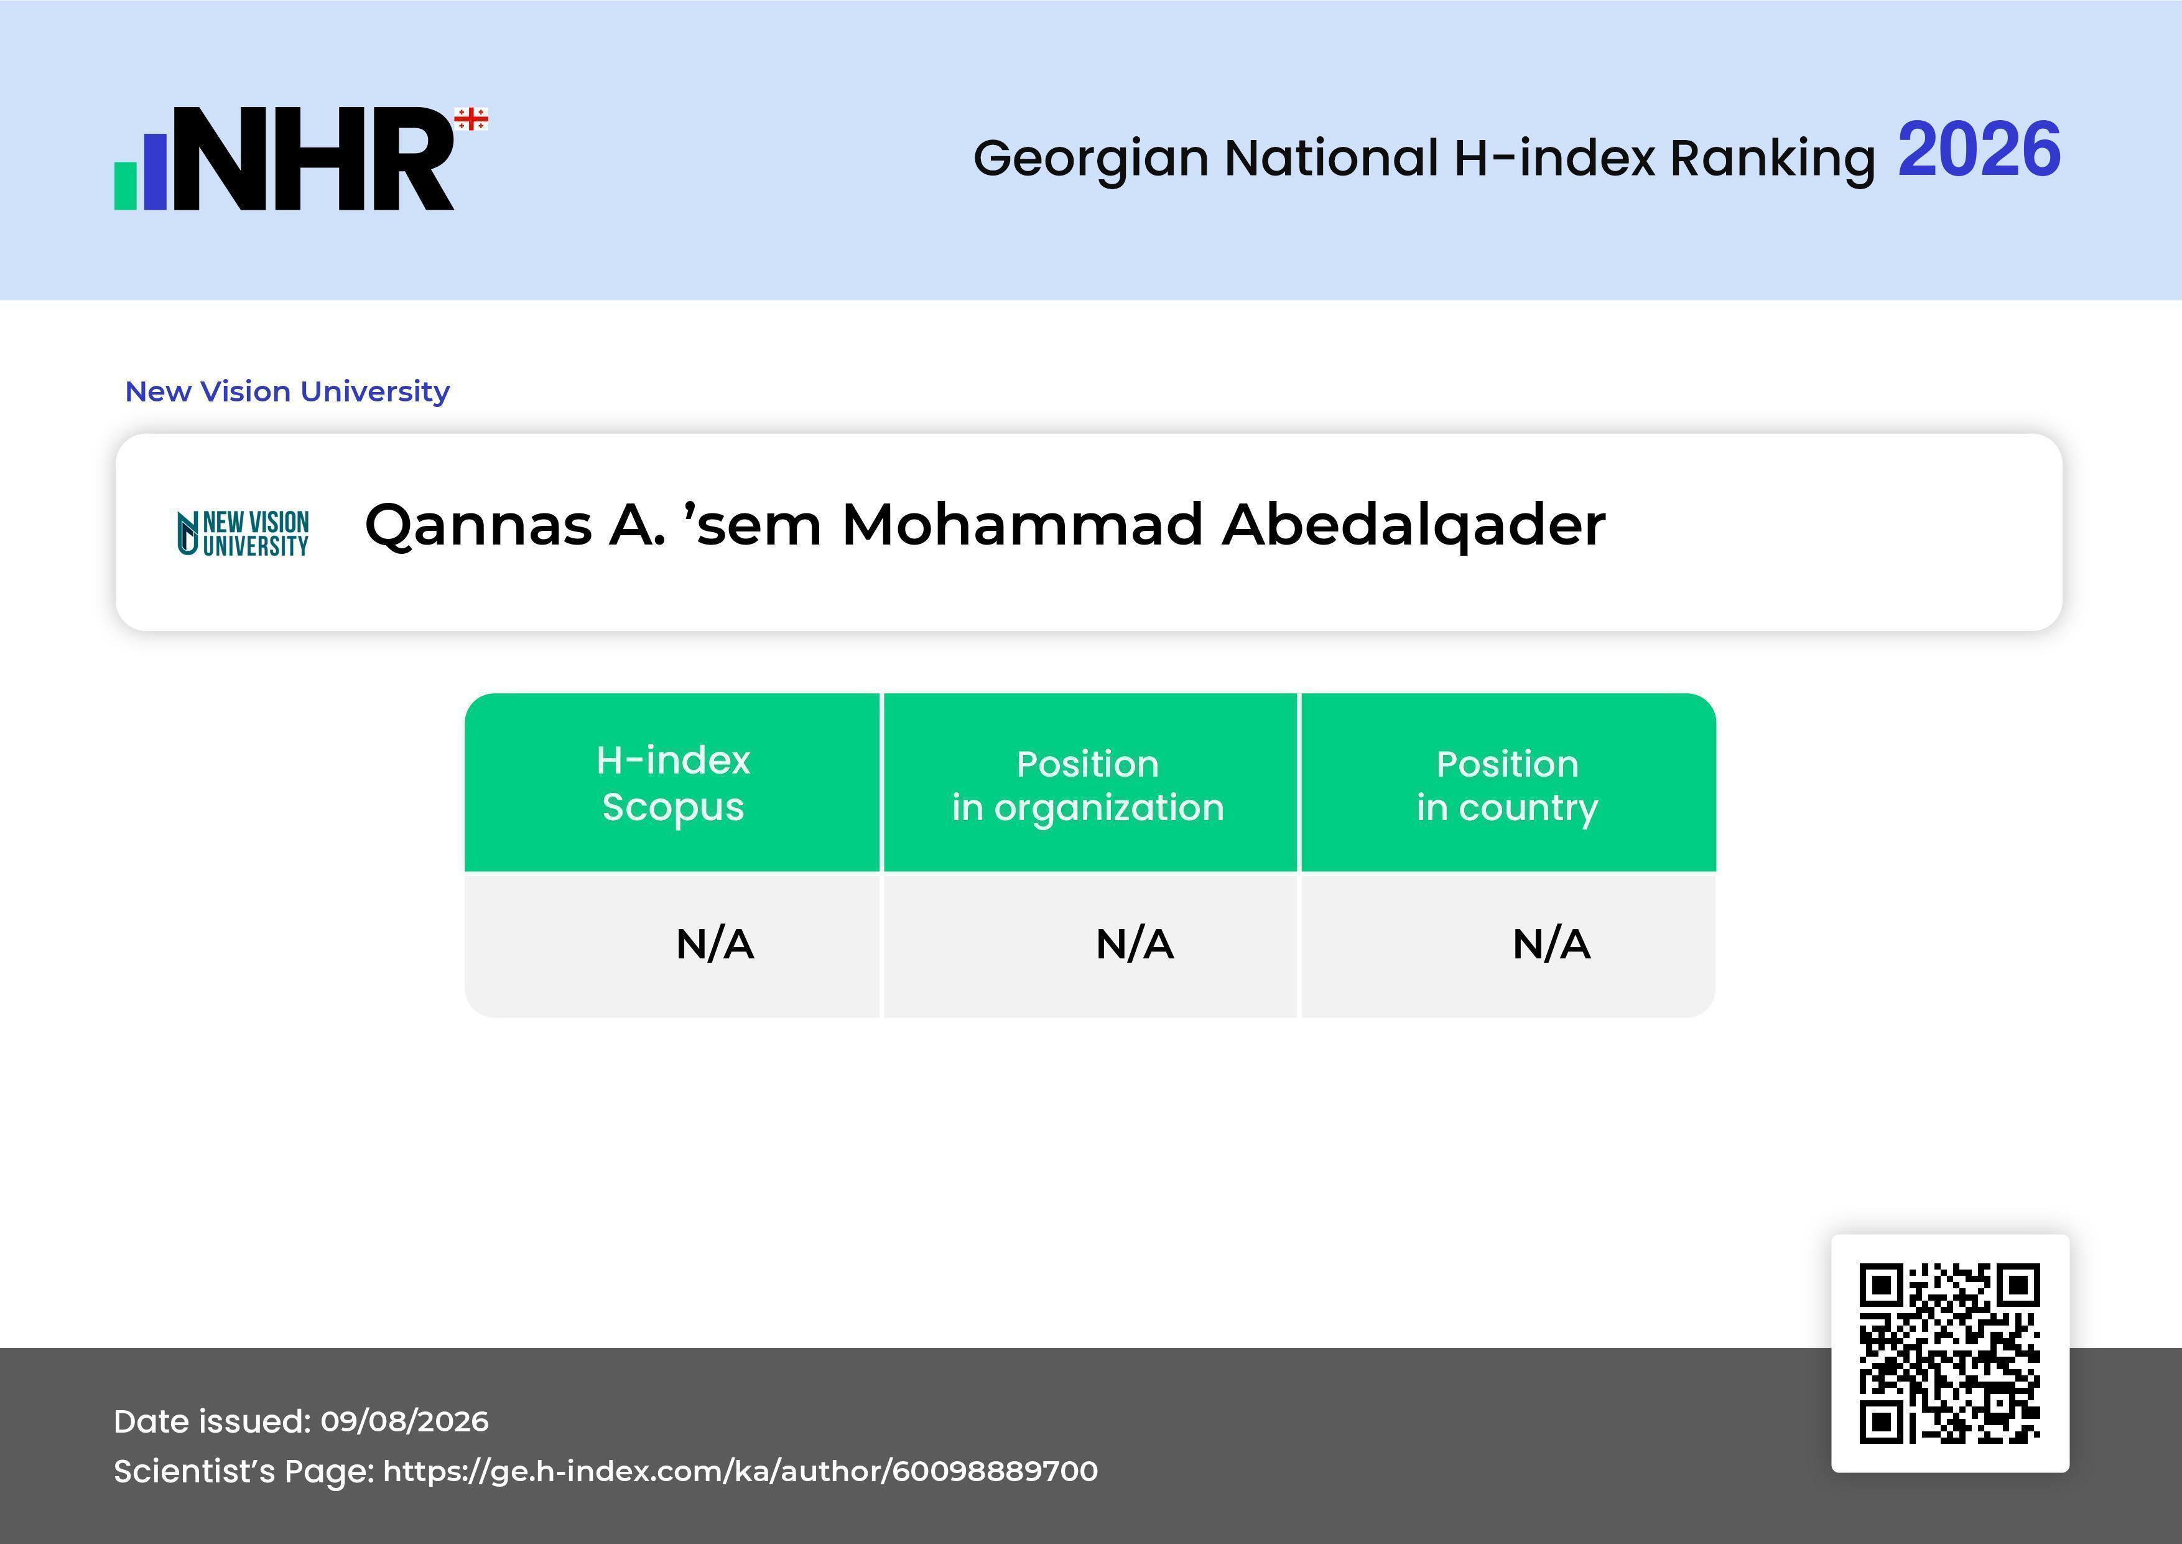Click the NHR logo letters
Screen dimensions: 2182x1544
(x=313, y=158)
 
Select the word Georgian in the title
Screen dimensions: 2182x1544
(x=1091, y=159)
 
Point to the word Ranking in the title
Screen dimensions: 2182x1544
(x=1772, y=159)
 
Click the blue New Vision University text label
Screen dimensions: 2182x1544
(x=287, y=391)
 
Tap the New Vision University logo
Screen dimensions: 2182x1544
(x=243, y=533)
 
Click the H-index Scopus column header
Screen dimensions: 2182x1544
(x=673, y=784)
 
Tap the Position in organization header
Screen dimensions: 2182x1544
(x=1088, y=785)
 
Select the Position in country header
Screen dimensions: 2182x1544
(x=1507, y=785)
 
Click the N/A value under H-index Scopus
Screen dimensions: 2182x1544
(x=715, y=944)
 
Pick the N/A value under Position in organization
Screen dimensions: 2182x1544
(x=1135, y=944)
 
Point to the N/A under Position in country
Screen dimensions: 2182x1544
(x=1551, y=944)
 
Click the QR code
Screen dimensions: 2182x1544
(x=1950, y=1353)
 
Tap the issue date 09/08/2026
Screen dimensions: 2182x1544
(x=405, y=1421)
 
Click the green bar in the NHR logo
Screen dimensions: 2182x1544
(x=126, y=186)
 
